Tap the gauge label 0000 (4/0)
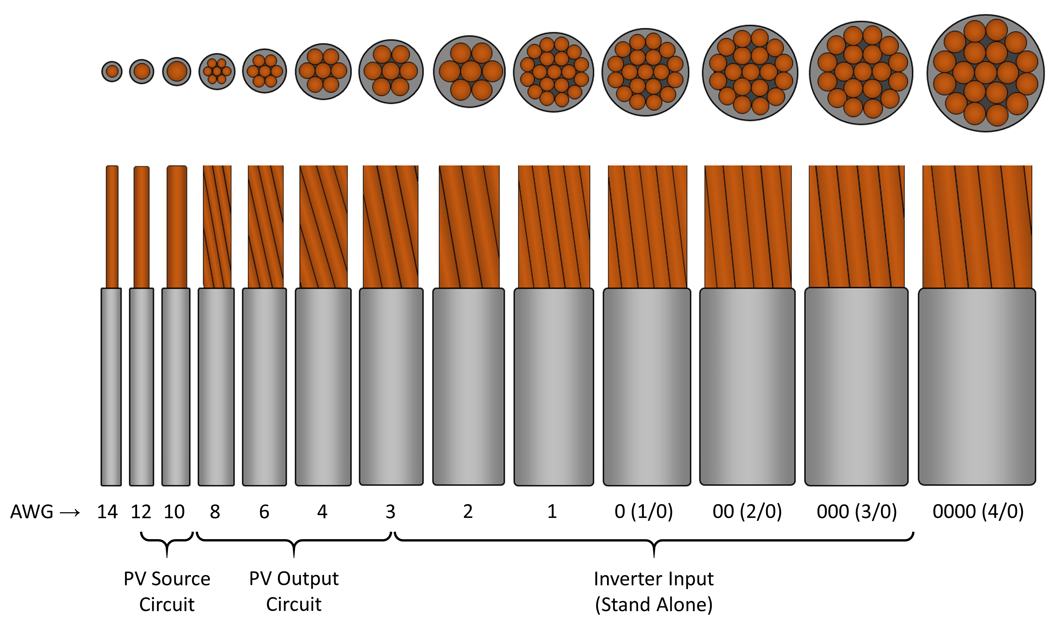[x=978, y=511]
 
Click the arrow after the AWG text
[x=70, y=513]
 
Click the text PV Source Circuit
[x=167, y=591]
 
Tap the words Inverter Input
[x=653, y=579]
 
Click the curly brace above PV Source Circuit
[x=167, y=541]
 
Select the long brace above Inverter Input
[x=654, y=541]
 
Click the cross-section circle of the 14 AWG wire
[x=112, y=71]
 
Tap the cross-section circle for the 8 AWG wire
[x=217, y=71]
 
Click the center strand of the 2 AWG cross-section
[x=471, y=71]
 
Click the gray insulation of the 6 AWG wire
[x=264, y=387]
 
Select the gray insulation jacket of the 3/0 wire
[x=856, y=387]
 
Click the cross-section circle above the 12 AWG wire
[x=142, y=71]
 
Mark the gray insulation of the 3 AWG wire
[x=391, y=387]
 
